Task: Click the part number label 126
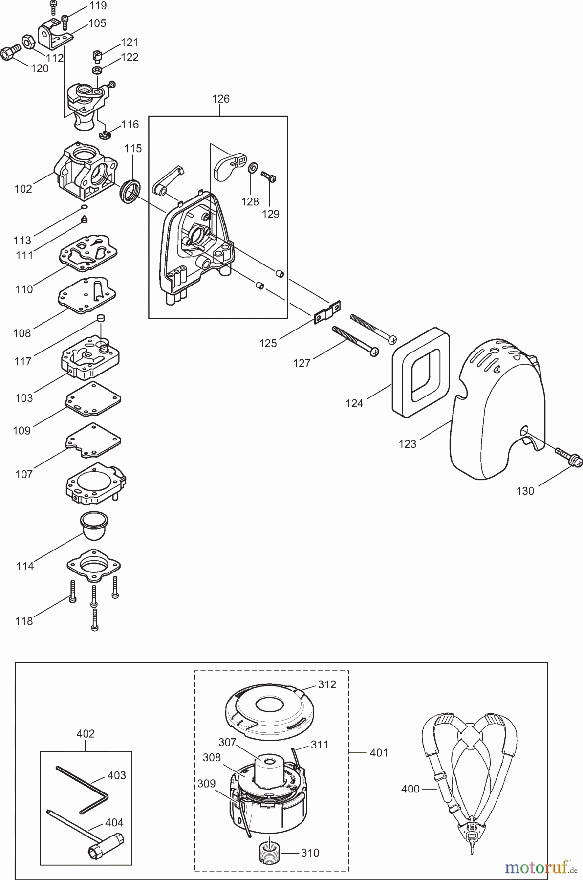tap(220, 99)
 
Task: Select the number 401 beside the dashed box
tap(378, 753)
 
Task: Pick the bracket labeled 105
tap(55, 32)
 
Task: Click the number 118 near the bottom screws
tap(24, 621)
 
